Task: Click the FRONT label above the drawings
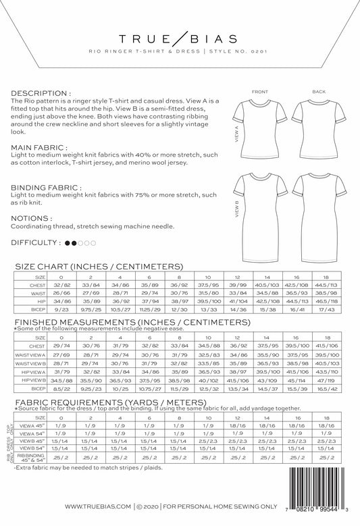coord(259,91)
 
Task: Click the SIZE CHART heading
coord(99,267)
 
